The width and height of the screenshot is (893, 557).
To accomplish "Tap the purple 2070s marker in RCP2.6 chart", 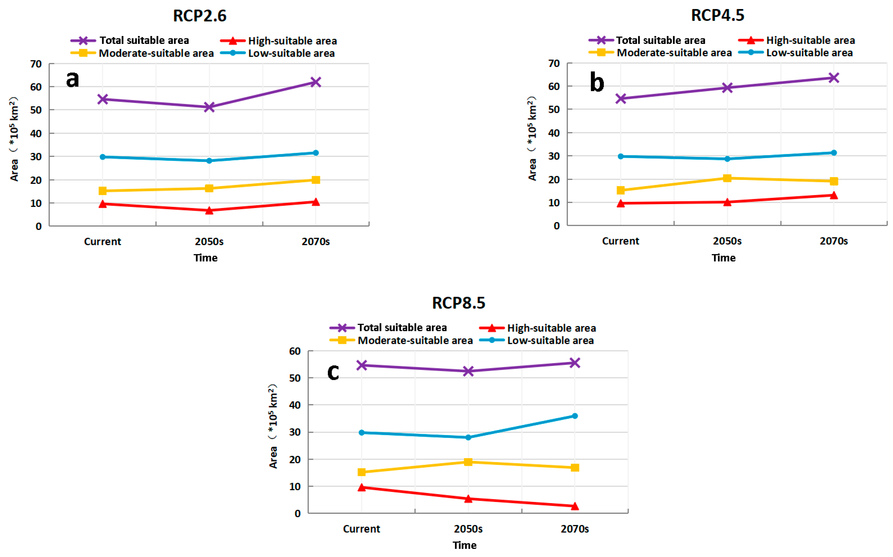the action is coord(316,82).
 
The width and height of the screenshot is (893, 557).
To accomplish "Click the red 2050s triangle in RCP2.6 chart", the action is coord(209,210).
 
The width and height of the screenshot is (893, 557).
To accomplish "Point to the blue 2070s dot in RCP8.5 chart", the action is coord(574,416).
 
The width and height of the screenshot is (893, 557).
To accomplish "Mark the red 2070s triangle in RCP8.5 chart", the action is coord(574,506).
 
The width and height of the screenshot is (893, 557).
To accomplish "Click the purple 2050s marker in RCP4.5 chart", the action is coord(727,88).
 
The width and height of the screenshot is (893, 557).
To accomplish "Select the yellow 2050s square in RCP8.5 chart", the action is coord(468,462).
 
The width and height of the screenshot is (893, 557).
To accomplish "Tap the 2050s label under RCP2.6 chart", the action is coord(209,242).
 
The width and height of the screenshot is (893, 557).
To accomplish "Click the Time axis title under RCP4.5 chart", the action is coord(723,258).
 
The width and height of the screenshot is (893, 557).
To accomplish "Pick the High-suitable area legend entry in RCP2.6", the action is coord(278,41).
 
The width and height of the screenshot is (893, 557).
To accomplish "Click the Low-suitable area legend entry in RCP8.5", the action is coord(536,340).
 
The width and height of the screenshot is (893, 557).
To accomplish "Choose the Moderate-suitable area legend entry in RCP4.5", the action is coord(660,53).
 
